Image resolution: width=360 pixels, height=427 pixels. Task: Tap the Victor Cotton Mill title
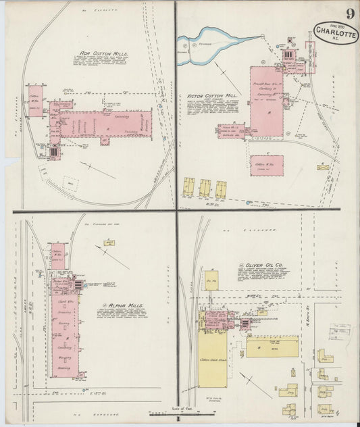(x=212, y=97)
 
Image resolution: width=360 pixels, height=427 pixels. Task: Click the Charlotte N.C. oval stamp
(x=336, y=32)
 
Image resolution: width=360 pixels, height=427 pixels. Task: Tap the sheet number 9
(x=350, y=14)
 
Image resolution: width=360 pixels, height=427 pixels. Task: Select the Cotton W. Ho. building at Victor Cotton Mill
(x=267, y=166)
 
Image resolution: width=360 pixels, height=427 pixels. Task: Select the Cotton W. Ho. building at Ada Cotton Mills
(x=35, y=101)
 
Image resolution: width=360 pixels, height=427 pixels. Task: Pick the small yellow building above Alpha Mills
(x=109, y=242)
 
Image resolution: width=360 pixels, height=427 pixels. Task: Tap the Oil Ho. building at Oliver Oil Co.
(x=211, y=280)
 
